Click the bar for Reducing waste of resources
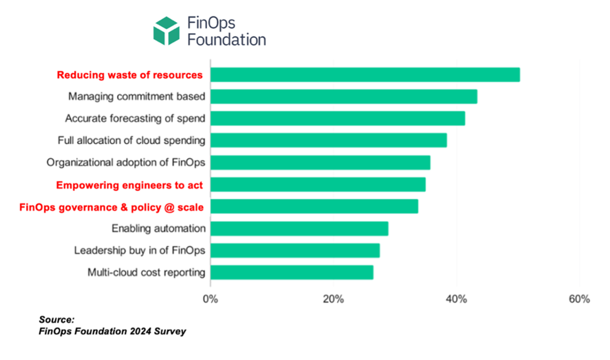coord(365,75)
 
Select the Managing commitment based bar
coord(344,97)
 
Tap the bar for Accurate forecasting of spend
coord(338,118)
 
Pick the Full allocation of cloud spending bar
coord(328,140)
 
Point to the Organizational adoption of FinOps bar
coord(320,163)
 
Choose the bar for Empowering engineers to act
coord(318,185)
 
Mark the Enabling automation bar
coord(299,229)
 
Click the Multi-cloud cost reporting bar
coord(292,272)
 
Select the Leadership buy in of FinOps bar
coord(295,251)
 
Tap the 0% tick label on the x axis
coord(210,299)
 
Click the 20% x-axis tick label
coord(333,299)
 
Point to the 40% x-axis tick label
coord(456,299)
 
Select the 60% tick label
coord(579,299)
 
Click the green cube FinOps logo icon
coord(166,31)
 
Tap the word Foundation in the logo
coord(227,40)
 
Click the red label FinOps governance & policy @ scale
coord(111,207)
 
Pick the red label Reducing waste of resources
coord(129,75)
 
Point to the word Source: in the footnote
coord(56,320)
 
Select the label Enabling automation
coord(159,229)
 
